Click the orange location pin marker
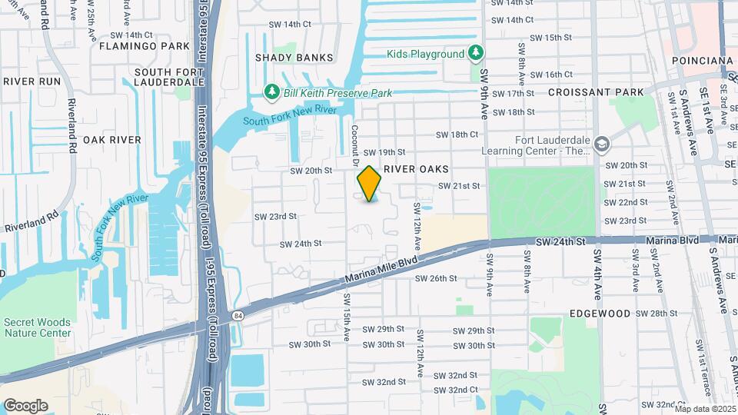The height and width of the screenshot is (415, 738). tap(370, 183)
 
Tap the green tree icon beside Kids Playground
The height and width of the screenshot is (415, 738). tap(477, 53)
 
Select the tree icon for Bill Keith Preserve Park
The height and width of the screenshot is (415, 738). tap(271, 93)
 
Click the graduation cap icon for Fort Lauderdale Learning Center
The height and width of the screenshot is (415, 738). tap(602, 144)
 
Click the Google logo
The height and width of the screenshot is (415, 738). tap(26, 405)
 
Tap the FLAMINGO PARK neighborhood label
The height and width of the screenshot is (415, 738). tap(144, 46)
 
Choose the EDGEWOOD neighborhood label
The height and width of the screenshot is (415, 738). tap(600, 314)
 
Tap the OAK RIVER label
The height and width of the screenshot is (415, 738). tap(112, 140)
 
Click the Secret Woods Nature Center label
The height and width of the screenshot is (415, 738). tap(37, 327)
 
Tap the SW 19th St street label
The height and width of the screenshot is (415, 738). tap(384, 152)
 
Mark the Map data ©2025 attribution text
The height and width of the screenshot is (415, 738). tap(704, 409)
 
